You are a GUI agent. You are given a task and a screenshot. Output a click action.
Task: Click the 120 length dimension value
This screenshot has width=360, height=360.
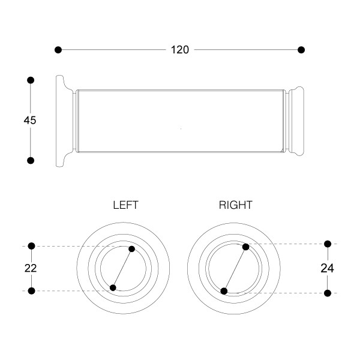coord(179,50)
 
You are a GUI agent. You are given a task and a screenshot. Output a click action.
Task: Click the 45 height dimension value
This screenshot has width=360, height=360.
coord(30,120)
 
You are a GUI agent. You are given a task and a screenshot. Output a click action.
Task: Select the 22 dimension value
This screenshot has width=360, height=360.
coord(31,268)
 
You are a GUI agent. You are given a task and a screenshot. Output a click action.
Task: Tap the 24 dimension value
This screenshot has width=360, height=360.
coord(327,268)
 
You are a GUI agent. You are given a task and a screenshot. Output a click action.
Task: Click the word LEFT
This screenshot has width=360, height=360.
coord(126,205)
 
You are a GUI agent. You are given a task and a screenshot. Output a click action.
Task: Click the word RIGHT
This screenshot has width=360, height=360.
coord(236,205)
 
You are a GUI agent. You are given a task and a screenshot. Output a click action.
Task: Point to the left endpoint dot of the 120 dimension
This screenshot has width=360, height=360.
coord(58,49)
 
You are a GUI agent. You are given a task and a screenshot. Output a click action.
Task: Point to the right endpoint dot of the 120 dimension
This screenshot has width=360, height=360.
coord(301,49)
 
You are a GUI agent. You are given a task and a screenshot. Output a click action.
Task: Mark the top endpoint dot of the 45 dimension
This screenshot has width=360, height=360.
coord(31,80)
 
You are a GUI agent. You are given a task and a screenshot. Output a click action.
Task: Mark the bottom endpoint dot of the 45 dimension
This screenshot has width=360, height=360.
coord(31,160)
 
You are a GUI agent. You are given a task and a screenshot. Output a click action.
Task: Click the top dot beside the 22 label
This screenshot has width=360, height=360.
coord(32,245)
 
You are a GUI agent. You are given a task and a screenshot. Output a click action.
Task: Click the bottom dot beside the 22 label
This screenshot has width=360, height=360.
coord(32,291)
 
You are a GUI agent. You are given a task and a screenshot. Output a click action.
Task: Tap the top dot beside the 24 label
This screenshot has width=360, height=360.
coord(328,244)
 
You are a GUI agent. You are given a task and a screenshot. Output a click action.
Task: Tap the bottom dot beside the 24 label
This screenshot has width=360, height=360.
coord(328,293)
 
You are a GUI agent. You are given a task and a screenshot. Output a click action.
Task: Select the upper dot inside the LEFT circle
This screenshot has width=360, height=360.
coord(132,249)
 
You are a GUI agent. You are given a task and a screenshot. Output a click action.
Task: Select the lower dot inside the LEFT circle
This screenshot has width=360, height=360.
coord(113,288)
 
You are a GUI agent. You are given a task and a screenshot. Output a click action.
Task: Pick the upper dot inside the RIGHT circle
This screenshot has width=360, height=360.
coord(245,247)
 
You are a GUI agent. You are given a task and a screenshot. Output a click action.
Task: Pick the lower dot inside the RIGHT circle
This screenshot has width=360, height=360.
coord(224,291)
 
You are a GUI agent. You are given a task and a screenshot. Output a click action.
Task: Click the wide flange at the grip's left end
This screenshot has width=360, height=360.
coord(61,120)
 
